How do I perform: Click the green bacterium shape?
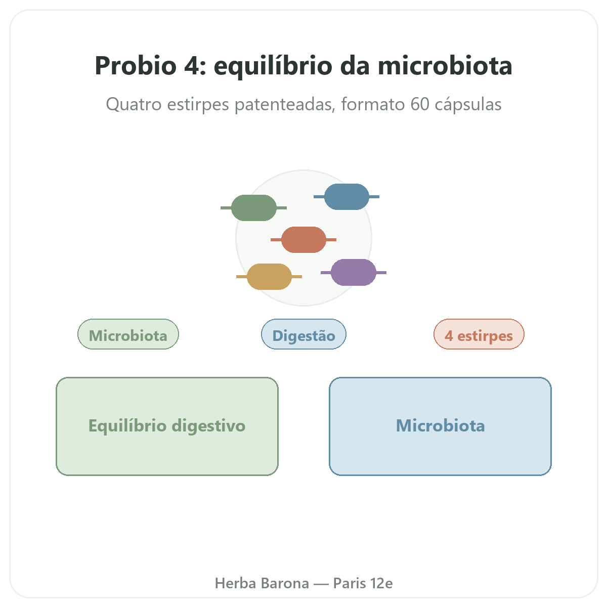[253, 207]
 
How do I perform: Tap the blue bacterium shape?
[346, 197]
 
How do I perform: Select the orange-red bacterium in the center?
[303, 240]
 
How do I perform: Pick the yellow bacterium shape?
[269, 277]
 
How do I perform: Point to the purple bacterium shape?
[354, 273]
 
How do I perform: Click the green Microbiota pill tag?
[128, 334]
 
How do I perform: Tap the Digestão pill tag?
[303, 334]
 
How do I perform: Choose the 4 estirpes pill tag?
[479, 334]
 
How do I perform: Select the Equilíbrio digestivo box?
[167, 426]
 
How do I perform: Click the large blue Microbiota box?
[440, 426]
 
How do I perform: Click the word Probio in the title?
[136, 66]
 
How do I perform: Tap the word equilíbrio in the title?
[273, 67]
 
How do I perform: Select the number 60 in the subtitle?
[420, 104]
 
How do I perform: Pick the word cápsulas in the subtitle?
[468, 105]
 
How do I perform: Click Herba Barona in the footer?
[262, 583]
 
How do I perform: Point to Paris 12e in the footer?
[363, 583]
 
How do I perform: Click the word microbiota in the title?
[445, 66]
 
